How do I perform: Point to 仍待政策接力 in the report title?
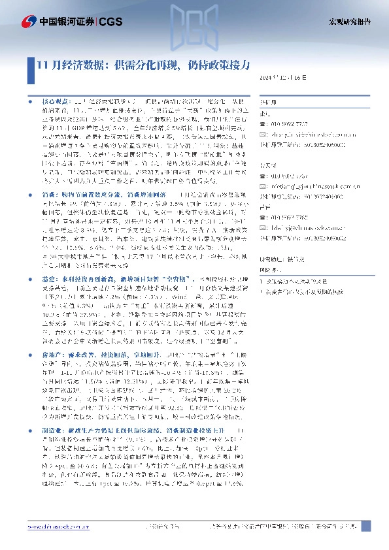pos(222,64)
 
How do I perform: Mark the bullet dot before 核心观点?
pos(33,103)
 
